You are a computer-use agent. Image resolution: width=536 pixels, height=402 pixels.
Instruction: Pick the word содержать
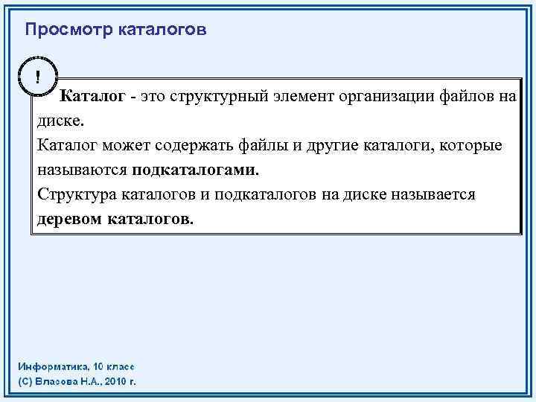[194, 145]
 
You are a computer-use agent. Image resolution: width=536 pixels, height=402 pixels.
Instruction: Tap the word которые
[471, 145]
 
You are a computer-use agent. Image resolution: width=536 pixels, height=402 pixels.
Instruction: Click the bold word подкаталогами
[196, 170]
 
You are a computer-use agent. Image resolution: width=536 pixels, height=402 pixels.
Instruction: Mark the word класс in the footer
[118, 367]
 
